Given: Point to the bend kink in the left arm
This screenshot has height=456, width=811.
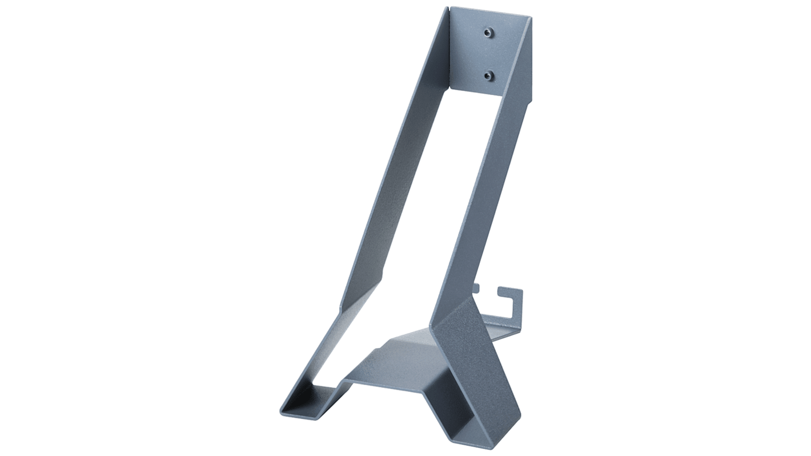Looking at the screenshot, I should pyautogui.click(x=342, y=309).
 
